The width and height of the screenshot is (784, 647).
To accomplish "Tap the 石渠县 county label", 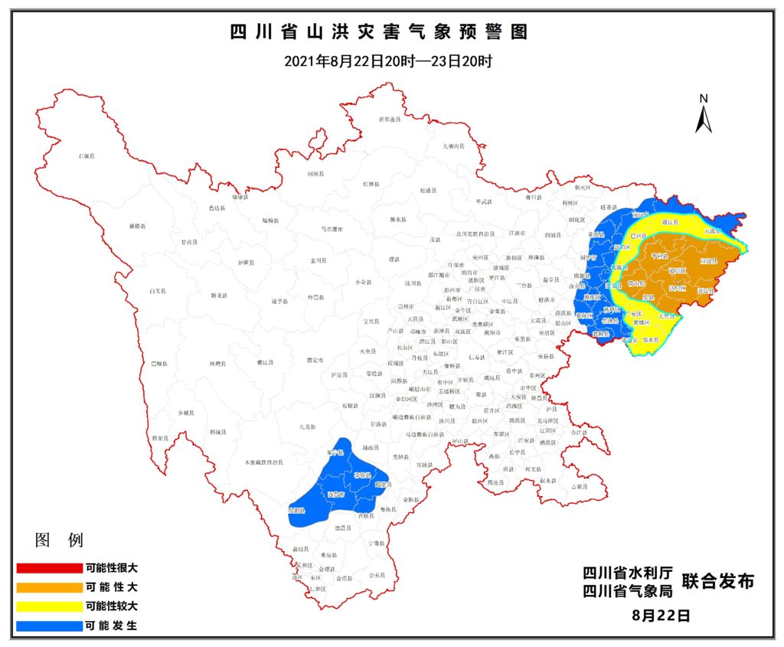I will pos(86,156).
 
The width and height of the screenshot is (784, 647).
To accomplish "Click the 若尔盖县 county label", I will pos(390,120).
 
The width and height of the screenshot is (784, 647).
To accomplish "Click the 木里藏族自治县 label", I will pos(263,462).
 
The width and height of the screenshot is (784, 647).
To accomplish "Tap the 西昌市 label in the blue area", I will pos(336,495).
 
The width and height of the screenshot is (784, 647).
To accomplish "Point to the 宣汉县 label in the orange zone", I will pos(708,262).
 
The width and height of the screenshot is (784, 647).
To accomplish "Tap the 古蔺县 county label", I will pos(580,486).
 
